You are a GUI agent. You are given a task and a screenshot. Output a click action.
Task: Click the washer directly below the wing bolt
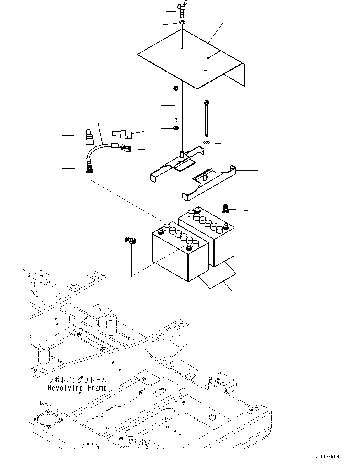[x=182, y=23]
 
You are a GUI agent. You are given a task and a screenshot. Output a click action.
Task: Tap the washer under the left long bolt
[x=176, y=128]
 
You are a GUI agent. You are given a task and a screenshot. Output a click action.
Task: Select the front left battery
[x=179, y=251]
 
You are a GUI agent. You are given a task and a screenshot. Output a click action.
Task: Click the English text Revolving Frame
[x=77, y=388]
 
